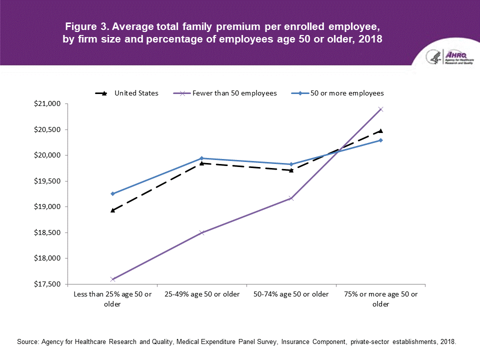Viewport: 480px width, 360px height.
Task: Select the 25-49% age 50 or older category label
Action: click(202, 294)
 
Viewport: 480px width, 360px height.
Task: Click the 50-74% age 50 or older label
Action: click(291, 294)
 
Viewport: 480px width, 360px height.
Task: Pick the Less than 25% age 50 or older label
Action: click(112, 298)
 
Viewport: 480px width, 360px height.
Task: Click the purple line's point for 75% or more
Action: click(380, 109)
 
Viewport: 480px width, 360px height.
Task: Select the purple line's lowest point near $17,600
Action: click(112, 279)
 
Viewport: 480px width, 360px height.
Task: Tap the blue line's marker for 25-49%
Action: click(202, 158)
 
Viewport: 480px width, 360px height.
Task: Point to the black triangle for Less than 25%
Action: click(112, 210)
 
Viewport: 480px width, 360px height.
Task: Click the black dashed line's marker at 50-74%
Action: click(291, 170)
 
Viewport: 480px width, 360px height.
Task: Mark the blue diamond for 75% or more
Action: click(380, 140)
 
